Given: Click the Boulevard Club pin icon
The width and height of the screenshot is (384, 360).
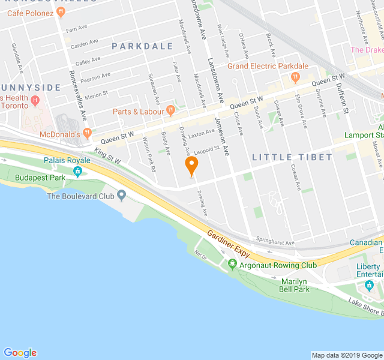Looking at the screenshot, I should click(x=122, y=195).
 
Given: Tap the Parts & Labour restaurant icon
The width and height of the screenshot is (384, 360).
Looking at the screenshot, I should click(x=171, y=110).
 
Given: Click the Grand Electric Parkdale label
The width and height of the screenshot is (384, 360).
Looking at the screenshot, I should click(x=267, y=66).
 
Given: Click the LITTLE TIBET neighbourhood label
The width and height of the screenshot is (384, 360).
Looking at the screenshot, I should click(x=292, y=157).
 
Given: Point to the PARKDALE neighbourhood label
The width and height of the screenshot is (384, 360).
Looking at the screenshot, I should click(x=142, y=46).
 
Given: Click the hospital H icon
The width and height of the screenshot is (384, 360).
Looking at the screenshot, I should click(x=35, y=100).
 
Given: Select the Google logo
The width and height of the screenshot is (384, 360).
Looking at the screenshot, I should click(x=20, y=353).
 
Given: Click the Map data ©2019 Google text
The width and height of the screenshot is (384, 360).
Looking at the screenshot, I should click(x=347, y=355).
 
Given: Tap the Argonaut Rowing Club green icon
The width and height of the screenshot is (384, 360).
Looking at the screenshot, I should click(x=232, y=265).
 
